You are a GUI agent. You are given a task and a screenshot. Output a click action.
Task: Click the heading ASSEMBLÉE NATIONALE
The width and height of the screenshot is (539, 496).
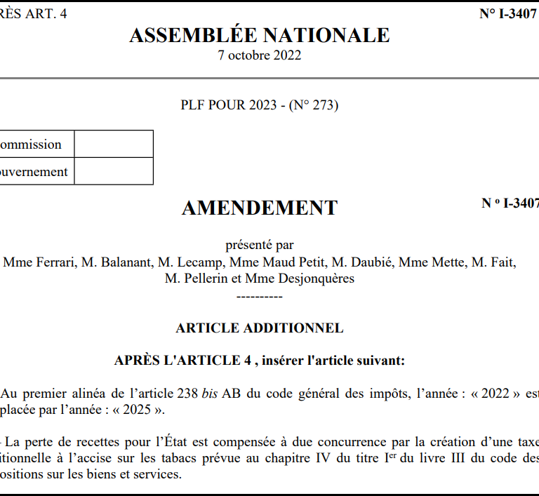[260, 35]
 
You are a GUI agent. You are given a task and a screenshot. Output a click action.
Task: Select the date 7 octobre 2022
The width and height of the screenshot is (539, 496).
[260, 55]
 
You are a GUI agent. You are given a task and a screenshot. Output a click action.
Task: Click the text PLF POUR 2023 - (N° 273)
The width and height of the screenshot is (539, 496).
[260, 105]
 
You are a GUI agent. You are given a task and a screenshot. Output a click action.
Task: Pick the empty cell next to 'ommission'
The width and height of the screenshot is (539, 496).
[114, 145]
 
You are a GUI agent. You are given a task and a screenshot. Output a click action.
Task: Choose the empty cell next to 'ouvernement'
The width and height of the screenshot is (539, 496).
[114, 172]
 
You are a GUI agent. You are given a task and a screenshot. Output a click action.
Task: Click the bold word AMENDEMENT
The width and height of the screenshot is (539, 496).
[260, 208]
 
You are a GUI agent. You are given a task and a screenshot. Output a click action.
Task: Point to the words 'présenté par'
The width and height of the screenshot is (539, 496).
[260, 245]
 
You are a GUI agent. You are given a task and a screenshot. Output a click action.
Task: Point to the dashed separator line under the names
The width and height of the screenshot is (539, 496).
[260, 295]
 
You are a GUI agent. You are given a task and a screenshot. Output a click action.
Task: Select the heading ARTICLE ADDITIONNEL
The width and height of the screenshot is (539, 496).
[260, 328]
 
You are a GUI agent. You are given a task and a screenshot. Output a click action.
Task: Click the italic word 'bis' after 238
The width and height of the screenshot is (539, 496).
[210, 394]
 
